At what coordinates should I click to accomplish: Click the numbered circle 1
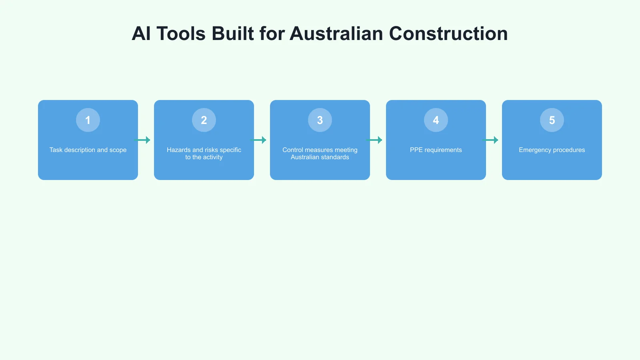pyautogui.click(x=88, y=120)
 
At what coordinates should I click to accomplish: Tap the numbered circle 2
pyautogui.click(x=204, y=120)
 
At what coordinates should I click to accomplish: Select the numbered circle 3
pyautogui.click(x=320, y=120)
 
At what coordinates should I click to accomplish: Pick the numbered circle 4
pyautogui.click(x=436, y=120)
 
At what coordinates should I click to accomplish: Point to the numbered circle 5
pyautogui.click(x=552, y=120)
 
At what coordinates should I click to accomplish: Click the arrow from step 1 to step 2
pyautogui.click(x=142, y=140)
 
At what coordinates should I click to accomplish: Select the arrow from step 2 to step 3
pyautogui.click(x=258, y=140)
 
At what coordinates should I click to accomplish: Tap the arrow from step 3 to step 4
pyautogui.click(x=374, y=140)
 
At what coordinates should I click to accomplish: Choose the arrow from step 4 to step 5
pyautogui.click(x=490, y=140)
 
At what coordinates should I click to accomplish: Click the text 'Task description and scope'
pyautogui.click(x=88, y=150)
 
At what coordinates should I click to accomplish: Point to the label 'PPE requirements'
pyautogui.click(x=436, y=150)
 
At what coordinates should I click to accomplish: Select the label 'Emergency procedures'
pyautogui.click(x=552, y=150)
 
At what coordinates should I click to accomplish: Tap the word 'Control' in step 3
pyautogui.click(x=293, y=150)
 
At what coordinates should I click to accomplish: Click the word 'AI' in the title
pyautogui.click(x=141, y=34)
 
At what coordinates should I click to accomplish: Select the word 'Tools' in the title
pyautogui.click(x=181, y=34)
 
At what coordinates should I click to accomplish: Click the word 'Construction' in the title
pyautogui.click(x=448, y=34)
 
